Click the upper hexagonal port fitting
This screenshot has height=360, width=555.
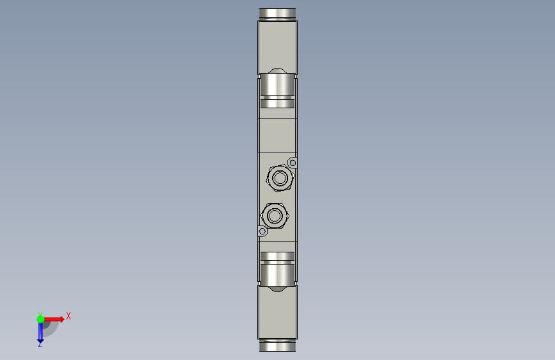point(280,178)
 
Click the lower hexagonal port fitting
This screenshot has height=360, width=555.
point(275,215)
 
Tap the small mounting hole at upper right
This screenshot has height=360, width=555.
point(293,163)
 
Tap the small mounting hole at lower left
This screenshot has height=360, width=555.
point(262,231)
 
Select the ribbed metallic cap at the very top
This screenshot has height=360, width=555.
point(278,14)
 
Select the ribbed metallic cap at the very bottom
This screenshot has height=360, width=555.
point(278,345)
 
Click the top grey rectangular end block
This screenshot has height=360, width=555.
point(278,47)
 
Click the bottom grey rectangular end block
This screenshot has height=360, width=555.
point(278,313)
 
